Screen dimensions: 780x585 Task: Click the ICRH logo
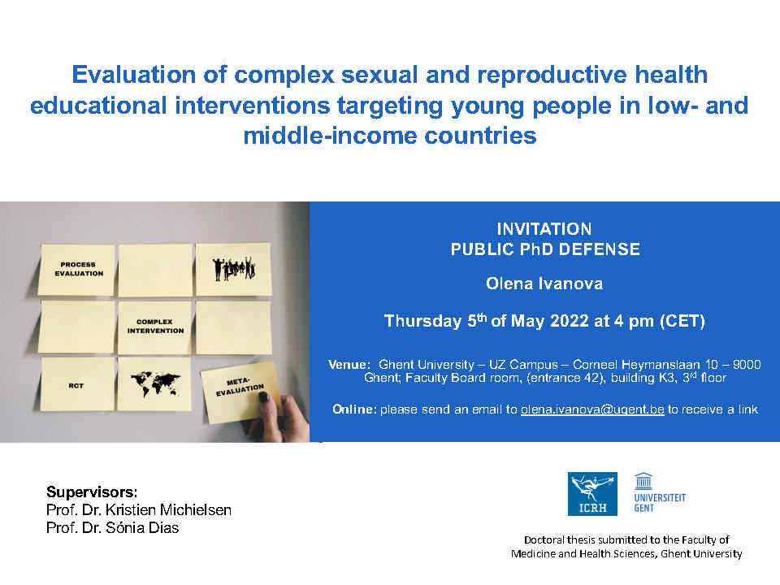click(592, 493)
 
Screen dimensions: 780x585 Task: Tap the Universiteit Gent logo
click(659, 492)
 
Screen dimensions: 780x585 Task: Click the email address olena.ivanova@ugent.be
click(592, 409)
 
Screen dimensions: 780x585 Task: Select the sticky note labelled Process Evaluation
click(78, 270)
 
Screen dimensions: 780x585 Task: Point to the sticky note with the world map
click(154, 384)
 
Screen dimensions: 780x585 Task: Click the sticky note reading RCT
click(76, 384)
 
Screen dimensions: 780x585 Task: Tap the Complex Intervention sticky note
click(154, 327)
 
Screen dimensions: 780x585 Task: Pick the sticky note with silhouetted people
click(233, 269)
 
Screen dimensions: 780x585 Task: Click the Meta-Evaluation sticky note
click(239, 392)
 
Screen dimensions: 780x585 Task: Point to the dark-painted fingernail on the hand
click(263, 396)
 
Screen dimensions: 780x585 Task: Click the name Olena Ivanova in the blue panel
click(544, 284)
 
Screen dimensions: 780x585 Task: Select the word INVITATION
click(544, 229)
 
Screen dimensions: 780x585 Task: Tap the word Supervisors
click(92, 492)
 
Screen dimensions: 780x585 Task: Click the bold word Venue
click(349, 365)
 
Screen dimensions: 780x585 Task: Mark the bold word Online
click(354, 409)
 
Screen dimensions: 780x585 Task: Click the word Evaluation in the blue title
click(133, 75)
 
